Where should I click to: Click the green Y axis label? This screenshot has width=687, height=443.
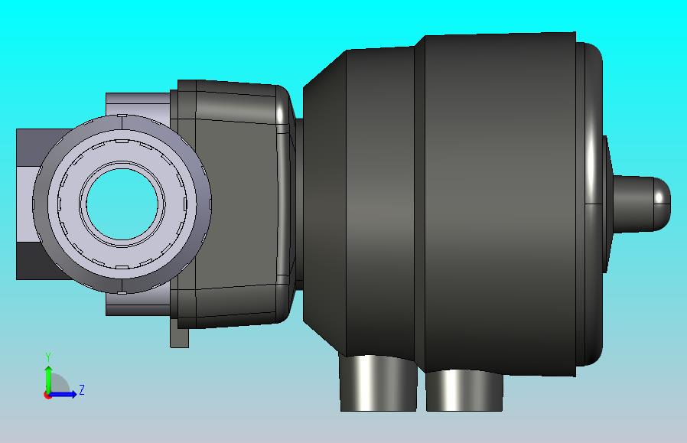coord(49,357)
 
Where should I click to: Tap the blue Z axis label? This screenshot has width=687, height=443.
coord(82,389)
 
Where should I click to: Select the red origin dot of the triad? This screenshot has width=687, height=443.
coord(47,396)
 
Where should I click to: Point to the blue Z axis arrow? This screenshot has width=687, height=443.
coord(63,394)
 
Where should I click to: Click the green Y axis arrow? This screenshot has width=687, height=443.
coord(49,379)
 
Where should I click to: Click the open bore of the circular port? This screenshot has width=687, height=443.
coord(122,204)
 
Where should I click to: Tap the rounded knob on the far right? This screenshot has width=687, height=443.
coord(641,204)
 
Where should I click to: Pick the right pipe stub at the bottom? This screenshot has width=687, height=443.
coord(464,390)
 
